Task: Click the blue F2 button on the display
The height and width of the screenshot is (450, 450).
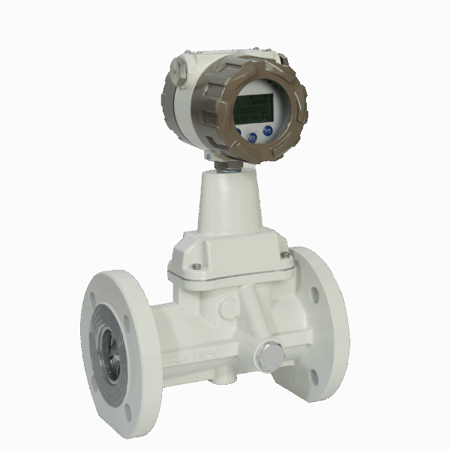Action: pyautogui.click(x=252, y=137)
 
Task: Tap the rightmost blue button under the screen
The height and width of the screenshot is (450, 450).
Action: pyautogui.click(x=267, y=130)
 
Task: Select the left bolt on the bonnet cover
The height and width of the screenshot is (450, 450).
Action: pyautogui.click(x=196, y=266)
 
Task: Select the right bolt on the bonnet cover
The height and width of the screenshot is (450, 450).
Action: pyautogui.click(x=285, y=256)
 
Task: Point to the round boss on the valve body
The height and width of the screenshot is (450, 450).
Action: pyautogui.click(x=226, y=307)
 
